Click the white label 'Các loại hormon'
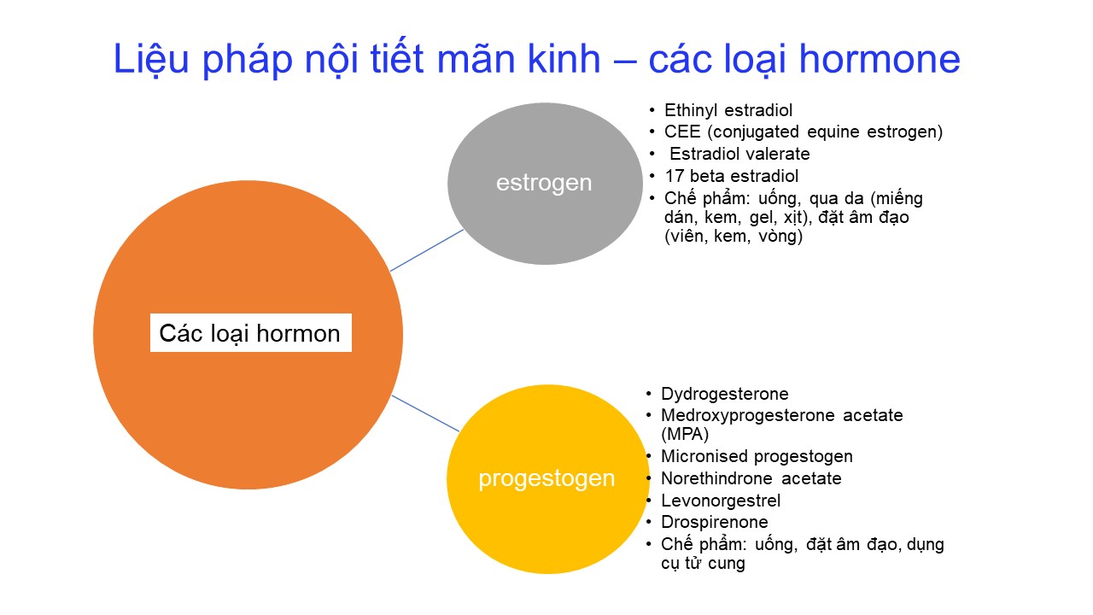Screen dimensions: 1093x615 coord(251,333)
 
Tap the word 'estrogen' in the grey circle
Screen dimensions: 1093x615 coord(544,184)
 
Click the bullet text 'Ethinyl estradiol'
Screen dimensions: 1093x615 coord(728,111)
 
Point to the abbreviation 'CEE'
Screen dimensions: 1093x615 coord(682,132)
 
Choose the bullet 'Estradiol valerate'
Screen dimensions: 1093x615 coord(739,154)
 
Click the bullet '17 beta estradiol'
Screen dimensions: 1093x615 coord(732,176)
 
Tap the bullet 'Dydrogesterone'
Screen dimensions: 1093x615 coord(725,395)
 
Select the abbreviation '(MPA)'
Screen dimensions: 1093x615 coord(685,434)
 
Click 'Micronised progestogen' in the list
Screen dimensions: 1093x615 coord(757,457)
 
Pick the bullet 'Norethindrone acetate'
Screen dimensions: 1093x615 coord(751,478)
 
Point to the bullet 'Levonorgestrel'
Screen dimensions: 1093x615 coord(721,501)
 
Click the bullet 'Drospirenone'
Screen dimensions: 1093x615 coord(715,522)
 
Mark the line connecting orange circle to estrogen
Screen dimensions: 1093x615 coord(427,250)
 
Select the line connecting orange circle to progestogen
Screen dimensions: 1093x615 coord(425,413)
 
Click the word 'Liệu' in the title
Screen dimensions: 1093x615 coord(151,60)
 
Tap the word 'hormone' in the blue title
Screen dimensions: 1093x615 coord(880,59)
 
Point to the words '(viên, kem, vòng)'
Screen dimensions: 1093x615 coord(734,237)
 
